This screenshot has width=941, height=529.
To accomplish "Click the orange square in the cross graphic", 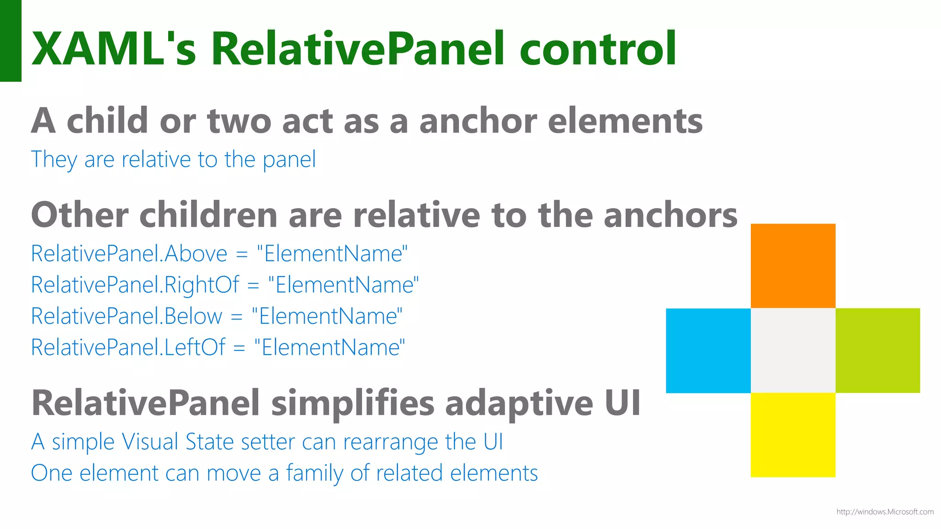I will pos(793,265).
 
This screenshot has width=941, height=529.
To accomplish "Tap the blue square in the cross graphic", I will pos(708,350).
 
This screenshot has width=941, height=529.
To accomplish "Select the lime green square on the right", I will pos(877,350).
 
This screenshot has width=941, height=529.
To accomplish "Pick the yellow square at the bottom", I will pos(793,435).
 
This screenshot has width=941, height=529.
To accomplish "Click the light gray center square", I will pos(793,350).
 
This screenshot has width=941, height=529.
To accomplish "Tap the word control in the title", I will pos(597,49).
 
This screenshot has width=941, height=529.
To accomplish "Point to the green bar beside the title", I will pos(11,41).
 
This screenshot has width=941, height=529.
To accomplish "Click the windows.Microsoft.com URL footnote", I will pos(884,512).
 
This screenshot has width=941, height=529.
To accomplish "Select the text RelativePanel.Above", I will pos(129,253).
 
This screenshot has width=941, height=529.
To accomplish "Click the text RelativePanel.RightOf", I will pos(135,285).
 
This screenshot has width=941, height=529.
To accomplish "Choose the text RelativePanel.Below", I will pos(127,316).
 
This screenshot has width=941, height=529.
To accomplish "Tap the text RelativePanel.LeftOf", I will pos(128,347).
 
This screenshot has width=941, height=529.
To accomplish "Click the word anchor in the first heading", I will pos(478,121).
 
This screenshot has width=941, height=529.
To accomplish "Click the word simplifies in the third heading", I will pos(352,403).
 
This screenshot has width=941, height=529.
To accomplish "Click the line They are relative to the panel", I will pos(173,160).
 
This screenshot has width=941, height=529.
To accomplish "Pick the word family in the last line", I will pos(314,473).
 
